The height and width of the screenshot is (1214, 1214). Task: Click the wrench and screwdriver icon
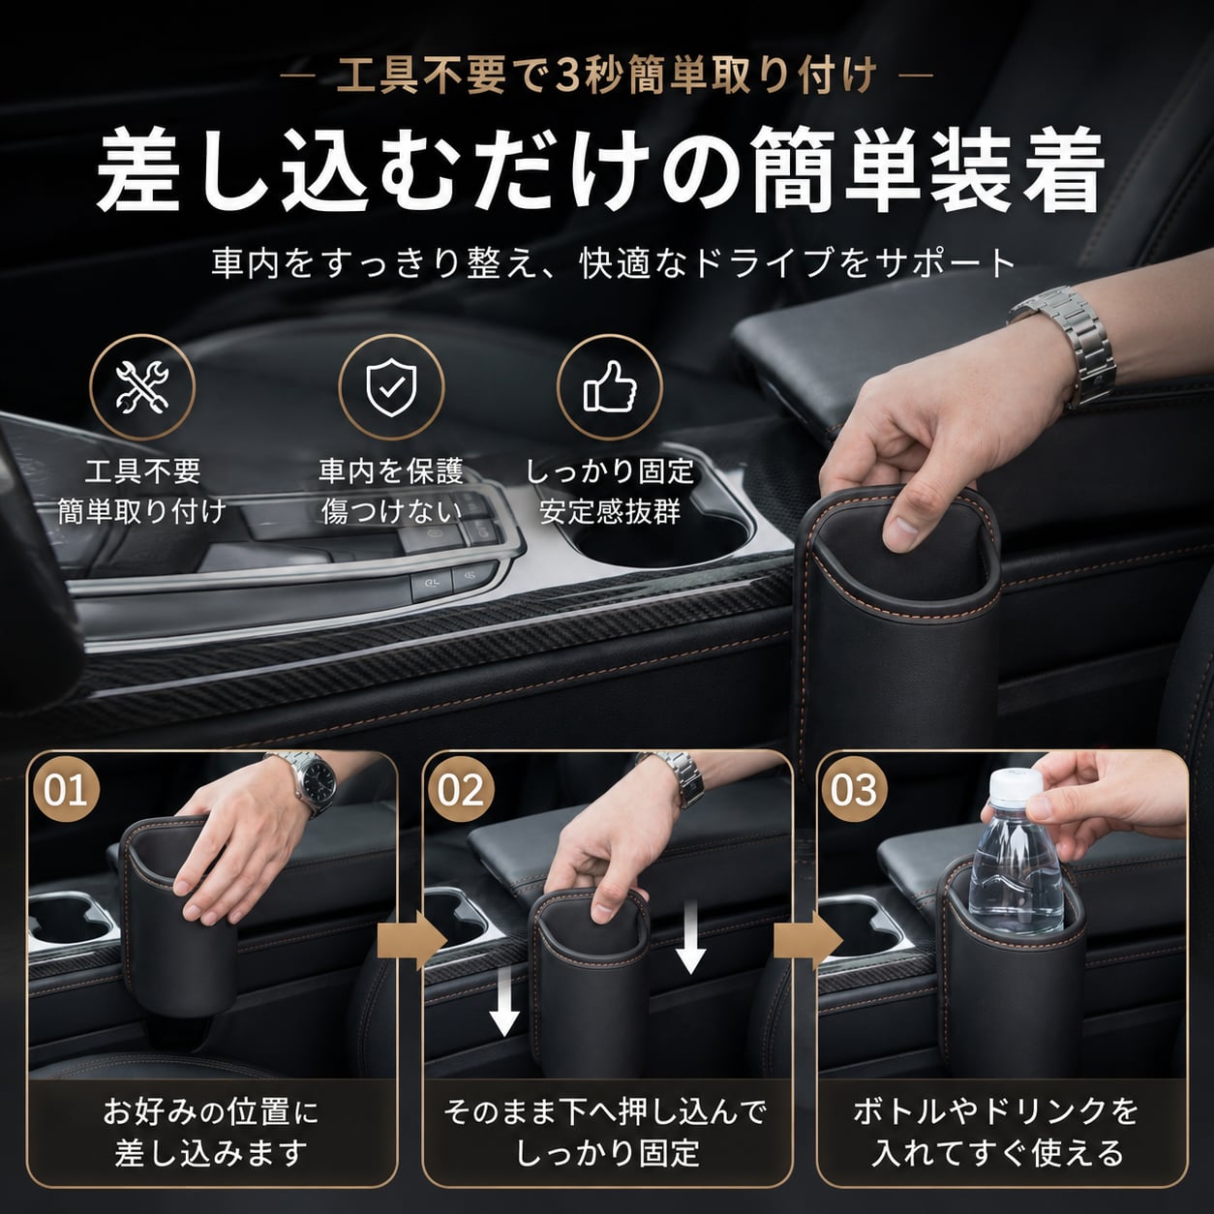141,387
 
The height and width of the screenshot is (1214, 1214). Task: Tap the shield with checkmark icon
391,387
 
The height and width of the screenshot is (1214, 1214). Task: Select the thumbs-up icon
609,387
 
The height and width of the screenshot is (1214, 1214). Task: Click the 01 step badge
66,790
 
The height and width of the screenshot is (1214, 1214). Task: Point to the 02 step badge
461,790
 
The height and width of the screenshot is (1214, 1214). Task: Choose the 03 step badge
854,790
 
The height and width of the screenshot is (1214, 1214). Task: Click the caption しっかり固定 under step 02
607,1154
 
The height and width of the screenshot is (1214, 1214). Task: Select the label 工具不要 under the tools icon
142,471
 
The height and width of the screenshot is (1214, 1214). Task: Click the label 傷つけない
392,511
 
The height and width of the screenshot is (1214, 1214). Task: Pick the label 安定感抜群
610,511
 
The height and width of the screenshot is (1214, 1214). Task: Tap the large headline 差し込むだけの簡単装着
600,171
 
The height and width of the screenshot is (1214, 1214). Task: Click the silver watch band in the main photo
1065,341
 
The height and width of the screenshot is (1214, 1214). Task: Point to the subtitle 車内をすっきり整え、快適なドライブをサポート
613,263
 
